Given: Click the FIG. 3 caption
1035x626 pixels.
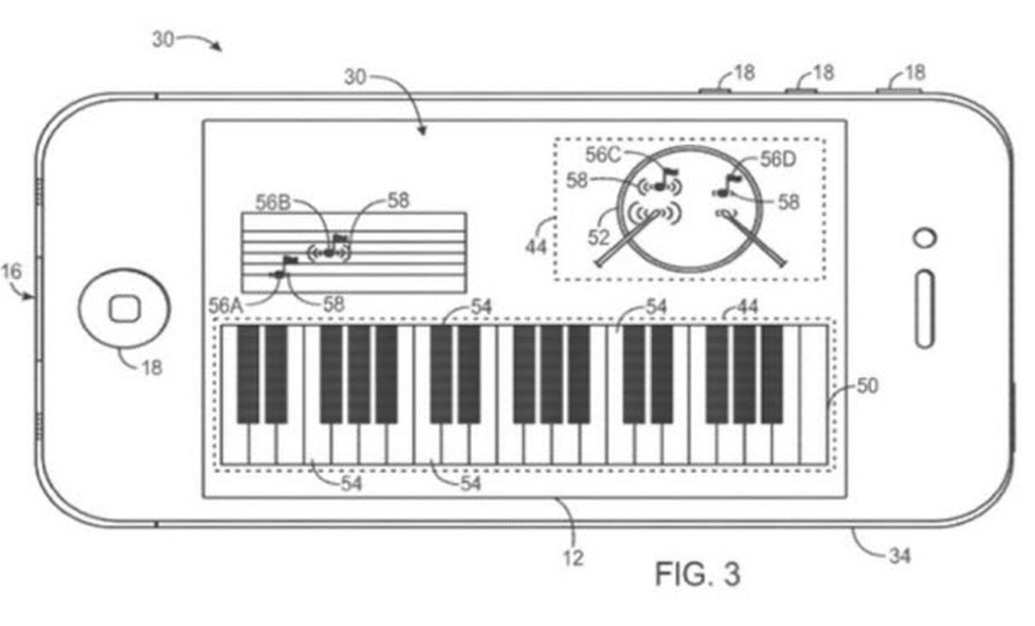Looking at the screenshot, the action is click(x=697, y=573).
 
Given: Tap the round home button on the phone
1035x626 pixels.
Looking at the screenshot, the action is click(x=124, y=309).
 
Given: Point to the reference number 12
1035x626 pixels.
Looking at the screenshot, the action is click(x=574, y=559).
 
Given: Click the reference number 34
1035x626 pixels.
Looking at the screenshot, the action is click(x=900, y=556).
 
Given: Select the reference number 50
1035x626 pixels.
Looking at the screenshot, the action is click(x=868, y=385).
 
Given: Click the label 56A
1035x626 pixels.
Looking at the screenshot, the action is click(x=226, y=306).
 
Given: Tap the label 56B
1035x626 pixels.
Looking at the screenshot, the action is click(x=273, y=203).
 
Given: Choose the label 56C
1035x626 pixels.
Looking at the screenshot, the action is click(x=603, y=155).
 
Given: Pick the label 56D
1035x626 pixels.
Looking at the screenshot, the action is click(x=778, y=160).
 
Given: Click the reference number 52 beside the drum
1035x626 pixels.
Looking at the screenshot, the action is click(x=599, y=238).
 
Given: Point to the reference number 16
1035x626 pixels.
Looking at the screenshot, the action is click(x=11, y=272).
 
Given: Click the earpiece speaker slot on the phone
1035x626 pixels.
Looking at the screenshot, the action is click(x=925, y=309).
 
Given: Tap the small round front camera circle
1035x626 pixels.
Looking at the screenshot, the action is click(x=925, y=238).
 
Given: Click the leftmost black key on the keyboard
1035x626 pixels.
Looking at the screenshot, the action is click(x=248, y=374).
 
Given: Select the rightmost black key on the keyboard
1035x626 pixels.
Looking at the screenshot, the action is click(x=772, y=374).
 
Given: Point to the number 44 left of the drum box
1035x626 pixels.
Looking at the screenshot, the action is click(x=536, y=247).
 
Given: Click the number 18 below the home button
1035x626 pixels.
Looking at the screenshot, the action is click(x=152, y=368).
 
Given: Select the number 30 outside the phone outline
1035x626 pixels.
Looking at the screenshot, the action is click(x=163, y=40).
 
